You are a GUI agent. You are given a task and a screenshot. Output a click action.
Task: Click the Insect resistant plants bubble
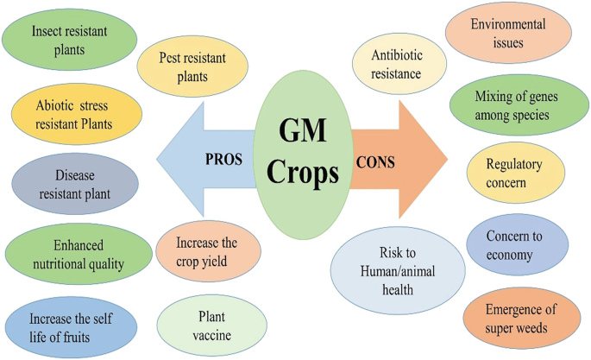[70, 40]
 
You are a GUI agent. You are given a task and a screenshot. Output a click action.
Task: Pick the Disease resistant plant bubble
[75, 184]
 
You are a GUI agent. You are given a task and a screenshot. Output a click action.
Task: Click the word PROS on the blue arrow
[223, 159]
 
